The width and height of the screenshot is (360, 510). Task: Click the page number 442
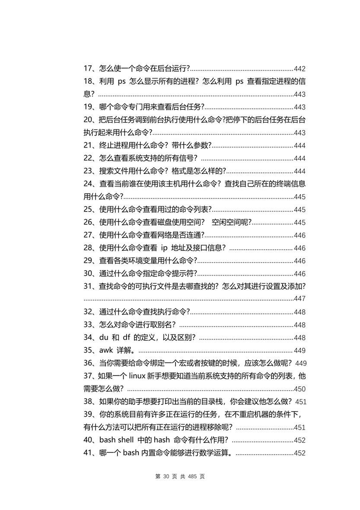[299, 69]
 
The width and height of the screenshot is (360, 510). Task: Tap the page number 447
[299, 298]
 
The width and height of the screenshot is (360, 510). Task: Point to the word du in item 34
[103, 337]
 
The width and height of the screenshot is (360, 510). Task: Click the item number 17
[88, 69]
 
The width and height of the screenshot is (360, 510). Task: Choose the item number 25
[89, 210]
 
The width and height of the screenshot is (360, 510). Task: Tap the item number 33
[89, 325]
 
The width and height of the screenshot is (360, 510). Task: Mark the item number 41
[88, 453]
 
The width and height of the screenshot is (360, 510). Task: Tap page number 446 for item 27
[299, 235]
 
